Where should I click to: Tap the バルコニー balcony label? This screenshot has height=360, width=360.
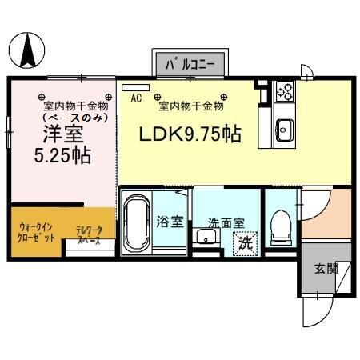(190, 62)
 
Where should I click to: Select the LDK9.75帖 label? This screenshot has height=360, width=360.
(191, 134)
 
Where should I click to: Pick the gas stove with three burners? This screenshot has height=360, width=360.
(285, 91)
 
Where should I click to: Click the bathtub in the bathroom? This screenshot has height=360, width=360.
(136, 223)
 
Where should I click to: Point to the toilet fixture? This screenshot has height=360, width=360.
(280, 226)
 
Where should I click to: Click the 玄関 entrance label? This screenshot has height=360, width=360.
(325, 268)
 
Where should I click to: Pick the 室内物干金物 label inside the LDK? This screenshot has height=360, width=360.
(190, 105)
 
